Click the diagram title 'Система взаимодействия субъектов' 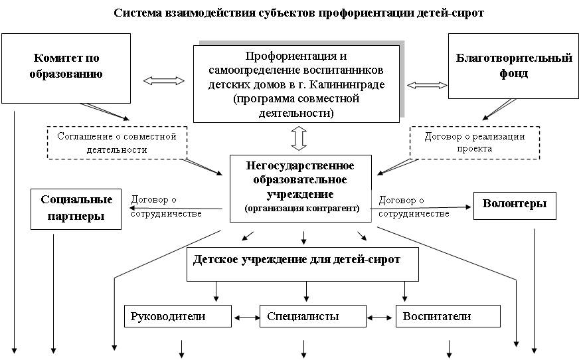pyautogui.click(x=298, y=13)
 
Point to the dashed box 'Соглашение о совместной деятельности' pyautogui.click(x=116, y=143)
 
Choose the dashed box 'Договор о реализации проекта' pyautogui.click(x=474, y=143)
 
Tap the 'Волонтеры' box pyautogui.click(x=515, y=205)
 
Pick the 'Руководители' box pyautogui.click(x=177, y=317)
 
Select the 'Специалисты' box pyautogui.click(x=312, y=317)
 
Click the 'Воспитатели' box pyautogui.click(x=447, y=317)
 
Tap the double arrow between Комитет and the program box pyautogui.click(x=164, y=81)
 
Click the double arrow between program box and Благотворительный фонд pyautogui.click(x=428, y=86)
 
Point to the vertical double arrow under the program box pyautogui.click(x=298, y=138)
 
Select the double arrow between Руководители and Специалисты pyautogui.click(x=246, y=317)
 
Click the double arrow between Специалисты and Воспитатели pyautogui.click(x=380, y=317)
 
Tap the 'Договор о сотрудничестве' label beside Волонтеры pyautogui.click(x=422, y=207)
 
